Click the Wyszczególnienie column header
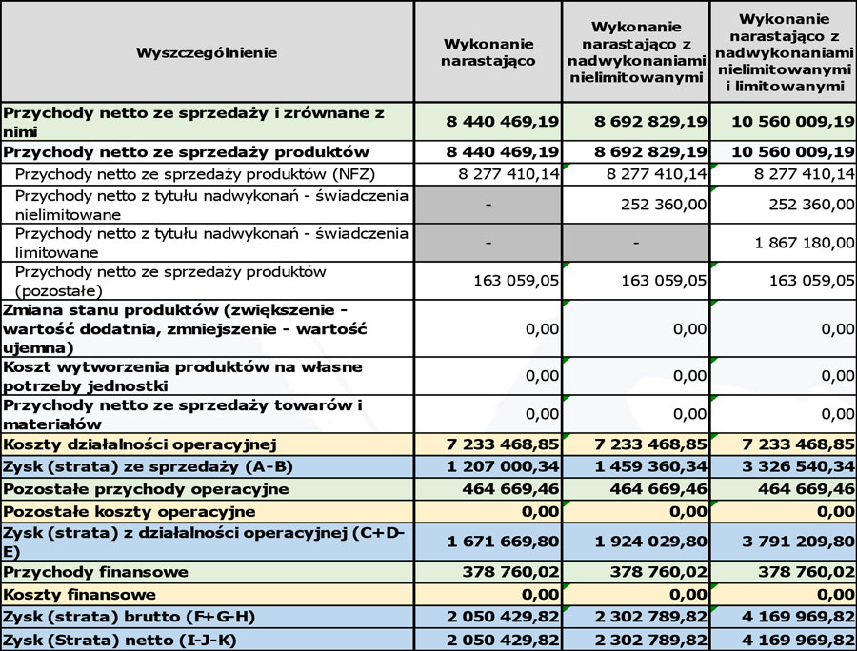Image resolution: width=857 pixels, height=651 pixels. click(207, 52)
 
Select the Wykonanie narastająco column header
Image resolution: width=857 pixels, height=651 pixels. click(488, 52)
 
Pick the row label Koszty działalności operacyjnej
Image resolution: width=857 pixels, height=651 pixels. click(140, 444)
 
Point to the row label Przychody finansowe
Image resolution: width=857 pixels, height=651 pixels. click(95, 573)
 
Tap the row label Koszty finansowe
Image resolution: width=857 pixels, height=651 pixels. click(80, 595)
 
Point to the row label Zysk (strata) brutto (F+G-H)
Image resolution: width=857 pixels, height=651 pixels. click(129, 617)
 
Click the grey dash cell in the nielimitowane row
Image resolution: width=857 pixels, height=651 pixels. click(488, 205)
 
